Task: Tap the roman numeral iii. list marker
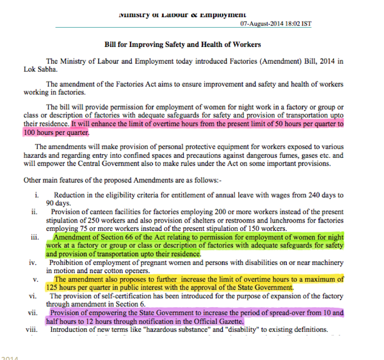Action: pyautogui.click(x=36, y=237)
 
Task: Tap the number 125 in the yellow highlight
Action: pyautogui.click(x=54, y=287)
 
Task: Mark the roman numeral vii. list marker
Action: pyautogui.click(x=34, y=313)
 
